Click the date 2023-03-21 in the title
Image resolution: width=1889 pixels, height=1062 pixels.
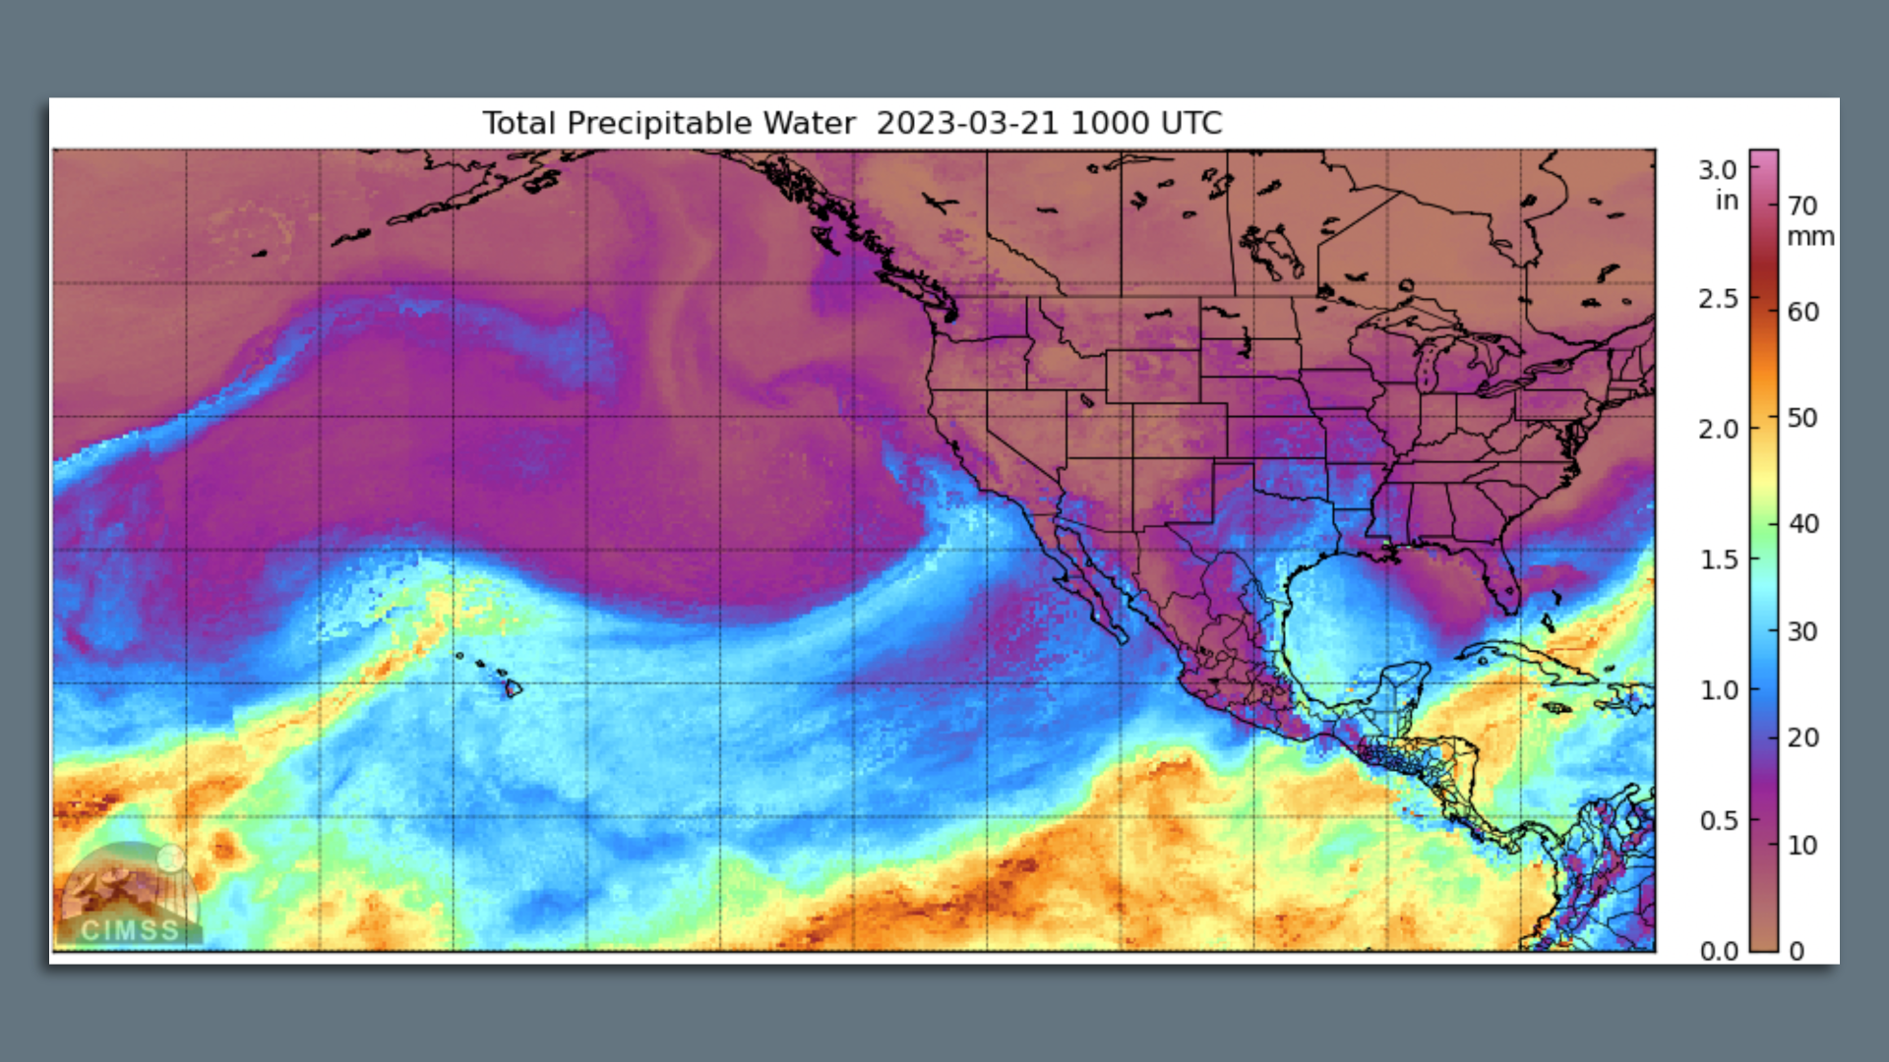(966, 124)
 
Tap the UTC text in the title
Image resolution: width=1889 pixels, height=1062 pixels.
(1190, 124)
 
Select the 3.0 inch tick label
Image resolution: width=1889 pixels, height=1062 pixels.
(1717, 170)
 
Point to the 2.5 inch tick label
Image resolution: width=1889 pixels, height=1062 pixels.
(1718, 299)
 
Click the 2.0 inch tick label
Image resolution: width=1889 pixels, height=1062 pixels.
(1718, 429)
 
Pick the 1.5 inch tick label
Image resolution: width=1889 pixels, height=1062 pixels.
(1719, 560)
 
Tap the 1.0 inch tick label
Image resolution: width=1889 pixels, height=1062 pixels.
(1719, 690)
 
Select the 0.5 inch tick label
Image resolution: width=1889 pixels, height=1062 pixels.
(1719, 820)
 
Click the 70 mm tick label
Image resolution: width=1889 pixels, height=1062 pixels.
(1802, 206)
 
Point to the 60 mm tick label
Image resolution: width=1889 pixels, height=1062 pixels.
(1802, 312)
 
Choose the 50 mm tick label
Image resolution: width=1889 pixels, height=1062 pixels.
(1802, 418)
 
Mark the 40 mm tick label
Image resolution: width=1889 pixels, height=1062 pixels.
(1802, 524)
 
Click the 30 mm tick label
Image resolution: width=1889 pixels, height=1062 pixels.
(1802, 631)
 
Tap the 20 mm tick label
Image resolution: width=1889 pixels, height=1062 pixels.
(1802, 737)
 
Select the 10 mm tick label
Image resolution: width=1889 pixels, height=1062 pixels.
(1802, 845)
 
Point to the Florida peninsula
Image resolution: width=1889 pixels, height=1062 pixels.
(1501, 580)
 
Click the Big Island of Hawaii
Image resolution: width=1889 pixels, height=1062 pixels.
(513, 688)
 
